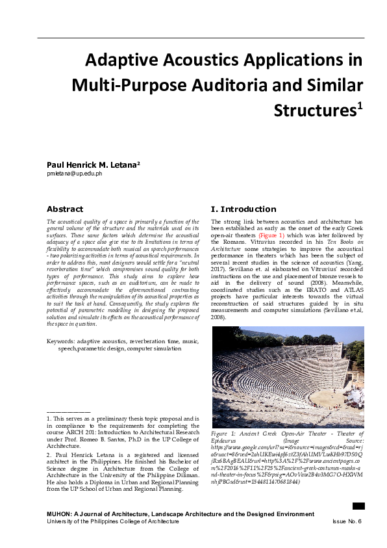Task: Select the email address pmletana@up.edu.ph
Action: pyautogui.click(x=74, y=175)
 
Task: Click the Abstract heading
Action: pyautogui.click(x=65, y=209)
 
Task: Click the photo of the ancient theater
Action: pyautogui.click(x=288, y=377)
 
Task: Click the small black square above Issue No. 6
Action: pyautogui.click(x=358, y=506)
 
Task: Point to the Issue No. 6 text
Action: pyautogui.click(x=346, y=521)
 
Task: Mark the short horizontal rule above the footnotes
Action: pyautogui.click(x=68, y=412)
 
